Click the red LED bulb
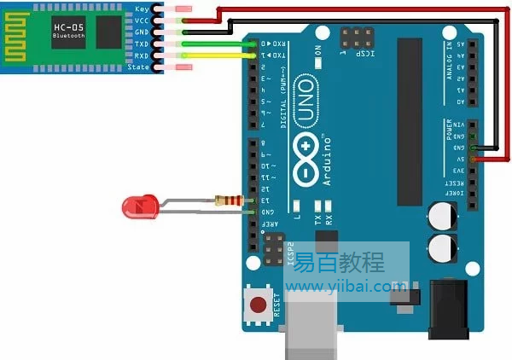(x=138, y=206)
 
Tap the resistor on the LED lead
(x=229, y=201)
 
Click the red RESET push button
(x=258, y=304)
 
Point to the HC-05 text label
(x=68, y=27)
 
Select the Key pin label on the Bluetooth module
(x=142, y=8)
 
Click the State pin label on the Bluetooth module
(x=139, y=67)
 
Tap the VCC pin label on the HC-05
(x=142, y=20)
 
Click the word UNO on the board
(x=306, y=99)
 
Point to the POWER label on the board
(x=450, y=129)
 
